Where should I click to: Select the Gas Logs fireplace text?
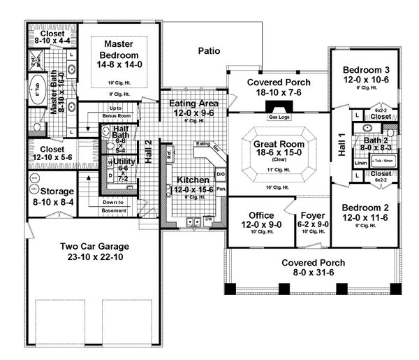click(279, 117)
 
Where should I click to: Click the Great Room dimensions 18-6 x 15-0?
click(279, 154)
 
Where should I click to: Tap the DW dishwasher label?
click(207, 219)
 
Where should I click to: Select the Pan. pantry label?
click(221, 189)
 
